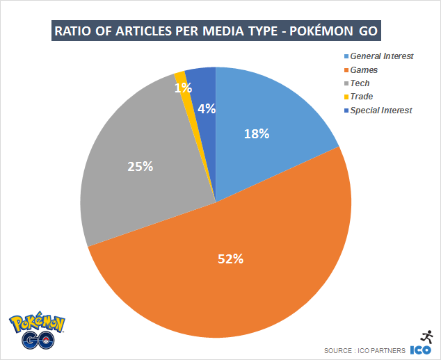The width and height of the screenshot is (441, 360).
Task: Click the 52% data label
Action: (230, 259)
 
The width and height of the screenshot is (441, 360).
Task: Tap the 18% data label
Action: (256, 133)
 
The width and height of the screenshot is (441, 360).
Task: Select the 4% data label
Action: (206, 108)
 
